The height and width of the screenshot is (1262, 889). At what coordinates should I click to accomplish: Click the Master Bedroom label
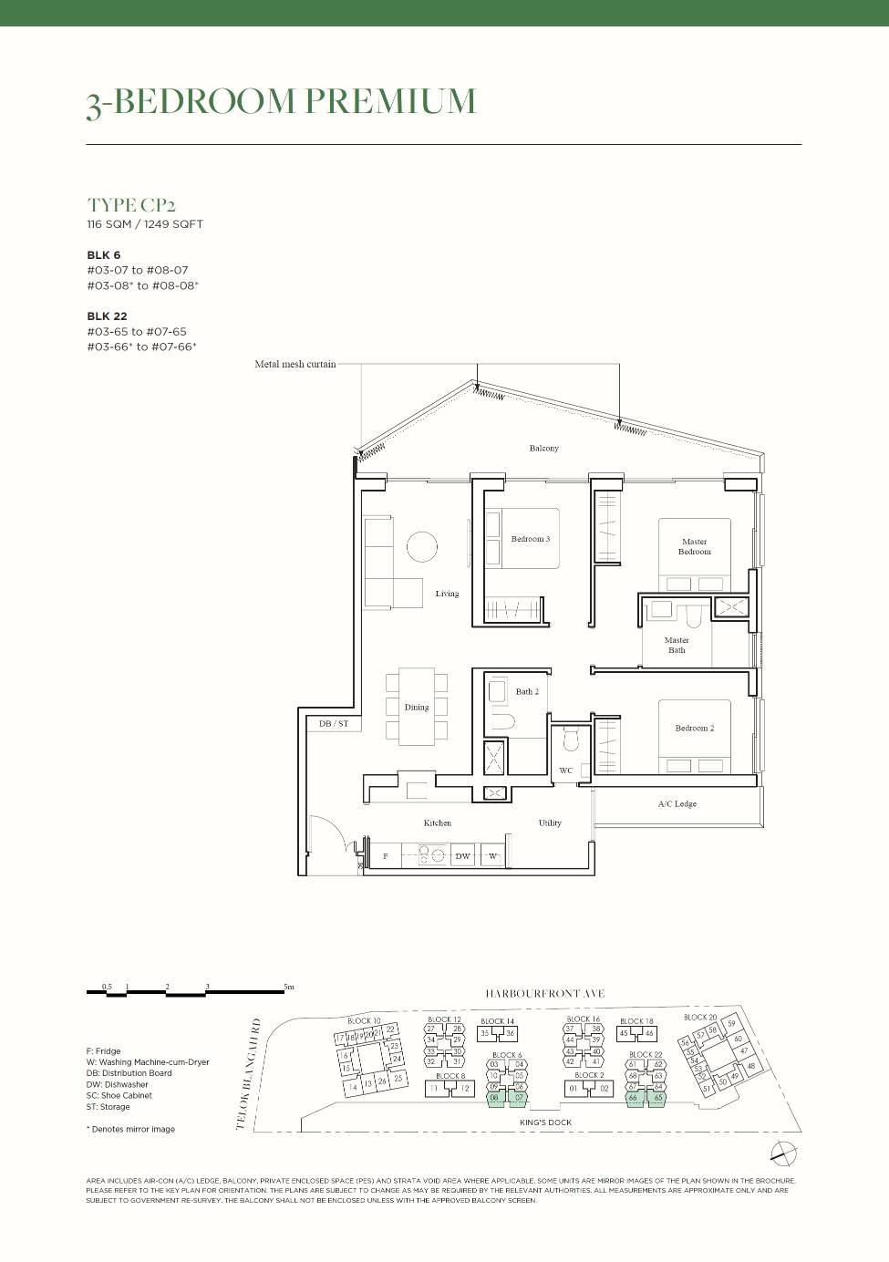coord(694,546)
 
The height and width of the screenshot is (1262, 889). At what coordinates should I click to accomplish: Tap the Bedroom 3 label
coord(530,539)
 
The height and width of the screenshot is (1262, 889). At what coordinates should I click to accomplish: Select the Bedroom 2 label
coord(694,728)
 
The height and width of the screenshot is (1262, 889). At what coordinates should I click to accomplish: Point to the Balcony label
coord(543,449)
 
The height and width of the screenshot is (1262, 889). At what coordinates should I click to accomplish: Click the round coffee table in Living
coord(422,547)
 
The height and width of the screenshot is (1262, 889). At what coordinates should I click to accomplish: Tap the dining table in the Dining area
coord(417,707)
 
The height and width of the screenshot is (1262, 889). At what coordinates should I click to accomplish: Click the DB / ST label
coord(334,723)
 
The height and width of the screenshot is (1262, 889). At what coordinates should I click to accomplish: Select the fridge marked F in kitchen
coord(386,856)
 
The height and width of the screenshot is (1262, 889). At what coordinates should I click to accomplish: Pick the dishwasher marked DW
coord(462,856)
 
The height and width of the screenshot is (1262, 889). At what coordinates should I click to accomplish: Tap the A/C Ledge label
coord(677,804)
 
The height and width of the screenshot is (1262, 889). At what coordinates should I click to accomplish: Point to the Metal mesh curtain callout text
coord(295,364)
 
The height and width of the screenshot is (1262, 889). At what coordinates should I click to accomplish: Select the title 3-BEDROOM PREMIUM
coord(281,102)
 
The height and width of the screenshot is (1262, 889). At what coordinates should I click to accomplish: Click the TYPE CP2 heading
coord(131,205)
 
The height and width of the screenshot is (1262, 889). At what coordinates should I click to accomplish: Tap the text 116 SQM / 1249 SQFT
coord(145,224)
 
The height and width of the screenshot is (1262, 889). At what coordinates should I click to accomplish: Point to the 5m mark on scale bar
coord(288,987)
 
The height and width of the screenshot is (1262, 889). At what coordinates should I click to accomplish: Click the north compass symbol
coord(783,1153)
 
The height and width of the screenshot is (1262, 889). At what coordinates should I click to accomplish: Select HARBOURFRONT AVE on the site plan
coord(544,994)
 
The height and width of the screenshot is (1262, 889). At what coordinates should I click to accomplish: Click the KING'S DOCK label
coord(545,1122)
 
